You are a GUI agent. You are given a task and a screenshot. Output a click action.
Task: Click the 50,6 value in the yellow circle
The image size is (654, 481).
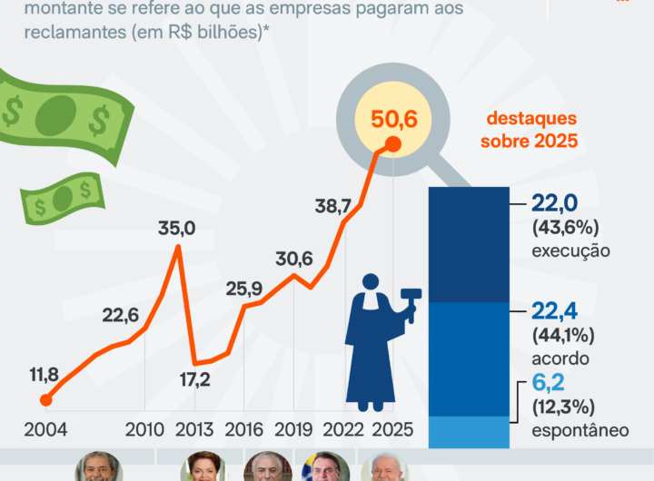point(394,118)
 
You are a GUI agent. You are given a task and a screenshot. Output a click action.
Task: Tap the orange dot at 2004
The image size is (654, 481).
point(45,399)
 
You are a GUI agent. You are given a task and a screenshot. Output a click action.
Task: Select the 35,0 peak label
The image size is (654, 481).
point(176,229)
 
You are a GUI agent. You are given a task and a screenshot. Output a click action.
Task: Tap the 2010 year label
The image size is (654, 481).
point(144,429)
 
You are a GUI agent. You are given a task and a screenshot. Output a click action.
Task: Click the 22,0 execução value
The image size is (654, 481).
point(557,203)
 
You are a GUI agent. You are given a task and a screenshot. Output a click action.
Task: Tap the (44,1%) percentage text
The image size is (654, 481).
point(562,336)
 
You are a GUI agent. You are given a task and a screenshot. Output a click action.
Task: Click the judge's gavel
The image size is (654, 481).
point(409,300)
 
